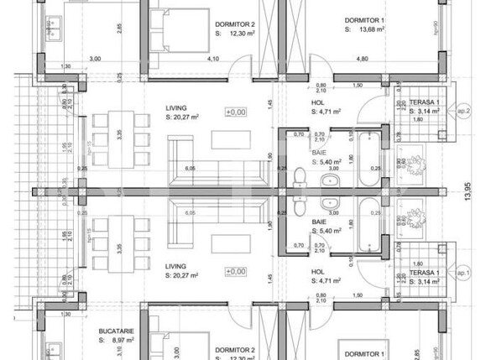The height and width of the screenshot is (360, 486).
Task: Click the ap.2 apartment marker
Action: (462, 110)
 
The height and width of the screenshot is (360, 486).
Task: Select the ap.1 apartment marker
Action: (462, 274)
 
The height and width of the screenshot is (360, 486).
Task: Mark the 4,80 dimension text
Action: (363, 59)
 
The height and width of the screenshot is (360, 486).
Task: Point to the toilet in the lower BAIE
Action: (300, 207)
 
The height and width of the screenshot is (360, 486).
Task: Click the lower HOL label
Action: (318, 272)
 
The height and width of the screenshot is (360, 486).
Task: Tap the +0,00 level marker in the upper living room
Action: (236, 112)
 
